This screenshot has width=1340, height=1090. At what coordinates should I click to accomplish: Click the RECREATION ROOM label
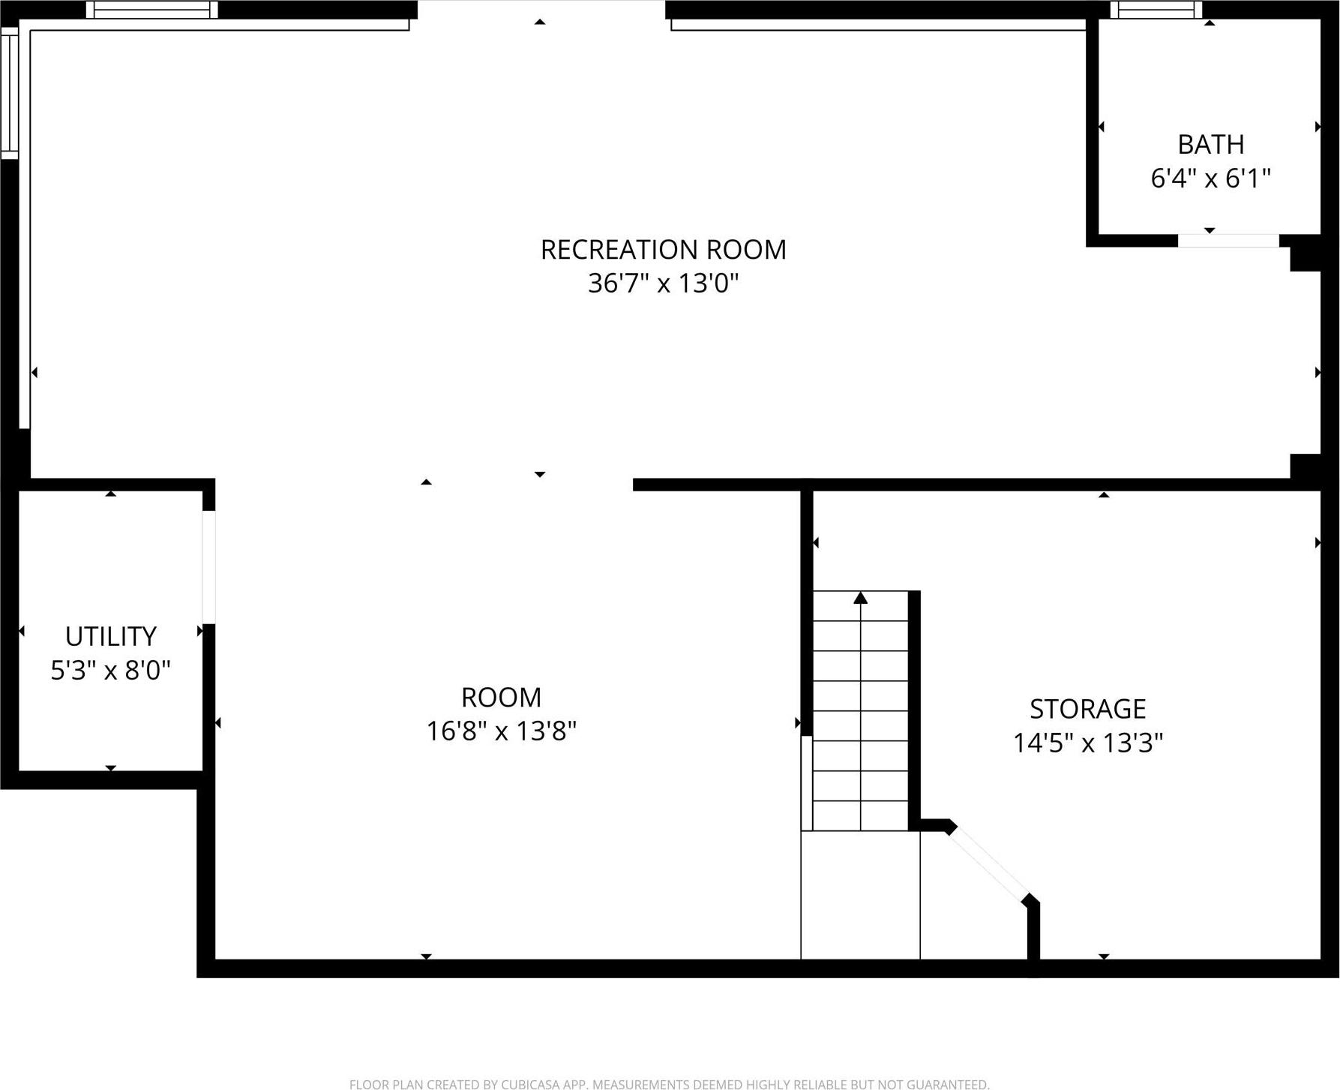tap(663, 250)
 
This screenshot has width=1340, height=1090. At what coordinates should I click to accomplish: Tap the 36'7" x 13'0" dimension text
tap(663, 284)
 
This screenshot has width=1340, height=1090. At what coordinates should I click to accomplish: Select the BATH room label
tap(1210, 144)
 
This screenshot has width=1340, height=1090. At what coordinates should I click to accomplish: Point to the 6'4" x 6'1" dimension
tap(1210, 179)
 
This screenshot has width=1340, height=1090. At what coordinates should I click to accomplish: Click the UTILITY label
tap(111, 636)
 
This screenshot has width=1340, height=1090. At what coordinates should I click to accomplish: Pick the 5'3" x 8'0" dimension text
tap(111, 670)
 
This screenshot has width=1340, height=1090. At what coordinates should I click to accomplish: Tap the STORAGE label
tap(1087, 709)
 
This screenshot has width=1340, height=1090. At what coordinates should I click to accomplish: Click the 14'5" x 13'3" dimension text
tap(1087, 743)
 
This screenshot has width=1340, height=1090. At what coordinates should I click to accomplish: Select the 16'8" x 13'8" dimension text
tap(501, 731)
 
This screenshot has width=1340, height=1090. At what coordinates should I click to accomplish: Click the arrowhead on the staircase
tap(861, 598)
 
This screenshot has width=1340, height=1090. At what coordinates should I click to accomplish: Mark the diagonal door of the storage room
tap(991, 863)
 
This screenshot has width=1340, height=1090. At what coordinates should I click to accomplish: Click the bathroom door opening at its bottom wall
tap(1228, 241)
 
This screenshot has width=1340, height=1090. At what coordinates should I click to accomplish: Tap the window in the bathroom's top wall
tap(1156, 10)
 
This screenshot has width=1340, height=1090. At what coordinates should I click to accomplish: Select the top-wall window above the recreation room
tap(151, 10)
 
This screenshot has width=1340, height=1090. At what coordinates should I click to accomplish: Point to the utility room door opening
tap(209, 567)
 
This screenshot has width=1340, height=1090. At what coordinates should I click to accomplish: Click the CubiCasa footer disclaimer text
tap(669, 1084)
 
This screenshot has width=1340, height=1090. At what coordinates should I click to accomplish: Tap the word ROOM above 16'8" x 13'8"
tap(501, 698)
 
